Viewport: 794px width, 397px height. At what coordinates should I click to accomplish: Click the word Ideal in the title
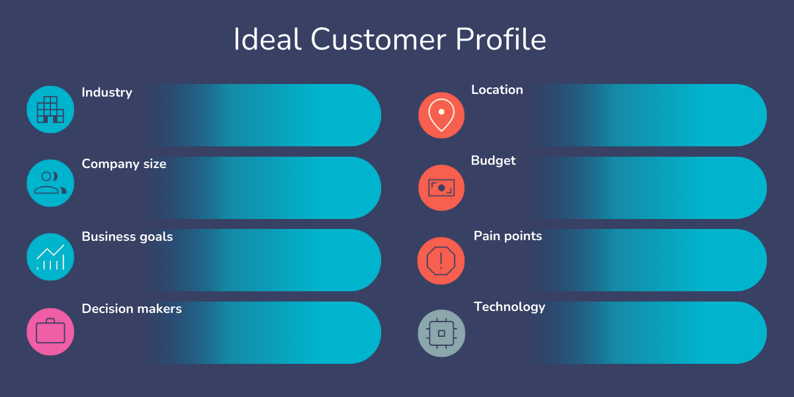point(267,39)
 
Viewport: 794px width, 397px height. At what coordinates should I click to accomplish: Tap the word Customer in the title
point(378,39)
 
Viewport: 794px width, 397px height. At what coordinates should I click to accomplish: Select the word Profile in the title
point(500,39)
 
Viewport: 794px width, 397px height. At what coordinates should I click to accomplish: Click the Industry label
point(107,93)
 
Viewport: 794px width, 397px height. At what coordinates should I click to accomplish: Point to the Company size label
point(124,164)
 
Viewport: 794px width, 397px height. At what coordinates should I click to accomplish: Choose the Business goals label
point(127,236)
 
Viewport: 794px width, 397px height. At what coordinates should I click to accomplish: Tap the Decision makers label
point(132,309)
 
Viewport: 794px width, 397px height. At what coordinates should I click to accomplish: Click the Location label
point(497,90)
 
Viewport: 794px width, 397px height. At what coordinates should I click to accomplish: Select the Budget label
point(493,161)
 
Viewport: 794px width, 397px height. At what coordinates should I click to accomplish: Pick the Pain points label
point(507,236)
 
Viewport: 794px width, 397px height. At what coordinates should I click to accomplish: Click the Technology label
point(509,307)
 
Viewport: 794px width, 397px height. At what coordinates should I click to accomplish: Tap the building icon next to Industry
point(50,110)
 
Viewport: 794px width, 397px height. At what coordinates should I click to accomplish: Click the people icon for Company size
point(50,183)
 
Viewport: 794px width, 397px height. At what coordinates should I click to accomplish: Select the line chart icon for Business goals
point(50,257)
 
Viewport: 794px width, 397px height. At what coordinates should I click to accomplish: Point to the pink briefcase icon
point(50,331)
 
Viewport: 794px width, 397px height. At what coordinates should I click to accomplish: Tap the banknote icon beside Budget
point(441,188)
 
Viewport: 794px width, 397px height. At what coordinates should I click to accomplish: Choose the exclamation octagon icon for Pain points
point(441,261)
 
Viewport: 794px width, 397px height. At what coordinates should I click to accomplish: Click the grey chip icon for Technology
point(441,333)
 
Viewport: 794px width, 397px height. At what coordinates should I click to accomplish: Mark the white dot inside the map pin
point(441,112)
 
